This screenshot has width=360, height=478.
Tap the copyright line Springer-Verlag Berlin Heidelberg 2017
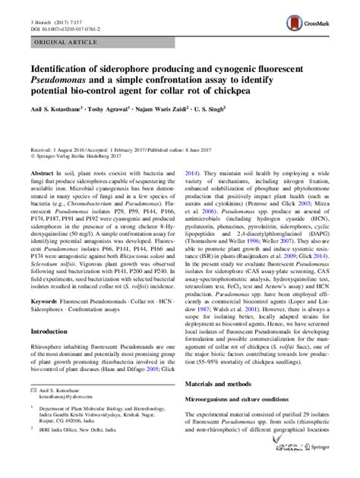click(80, 159)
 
